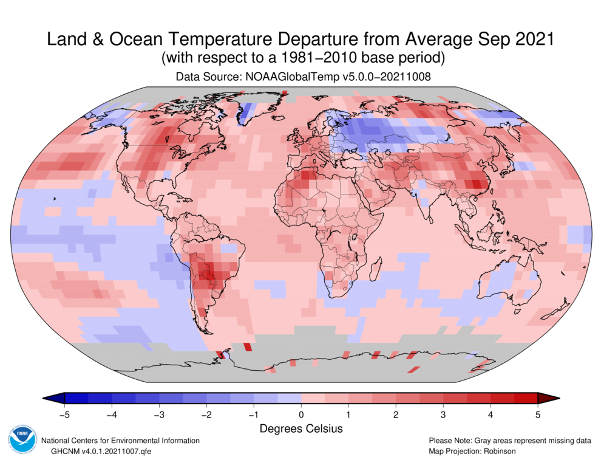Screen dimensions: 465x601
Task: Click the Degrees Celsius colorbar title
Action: (301, 429)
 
